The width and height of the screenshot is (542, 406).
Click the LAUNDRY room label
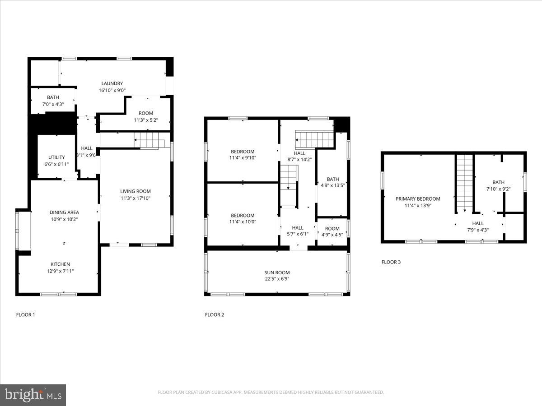[x=112, y=83]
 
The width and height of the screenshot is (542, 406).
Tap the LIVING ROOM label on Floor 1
[x=135, y=191]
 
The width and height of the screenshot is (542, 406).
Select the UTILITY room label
[x=57, y=157]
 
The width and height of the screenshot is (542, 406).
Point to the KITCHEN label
[x=60, y=264]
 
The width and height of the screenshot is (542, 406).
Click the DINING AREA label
[x=64, y=212]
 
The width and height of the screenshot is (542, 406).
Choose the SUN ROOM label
[x=277, y=272]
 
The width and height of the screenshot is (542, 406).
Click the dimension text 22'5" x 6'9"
[x=277, y=279]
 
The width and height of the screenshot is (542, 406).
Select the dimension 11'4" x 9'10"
[x=243, y=158]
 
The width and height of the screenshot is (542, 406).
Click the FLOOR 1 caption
[x=25, y=315]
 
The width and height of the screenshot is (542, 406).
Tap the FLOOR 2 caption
[x=215, y=315]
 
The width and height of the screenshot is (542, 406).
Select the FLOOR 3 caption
[x=391, y=262]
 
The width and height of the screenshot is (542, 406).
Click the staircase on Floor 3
[x=464, y=183]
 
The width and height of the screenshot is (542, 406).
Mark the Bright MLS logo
[x=33, y=395]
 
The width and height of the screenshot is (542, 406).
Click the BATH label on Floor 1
[x=53, y=97]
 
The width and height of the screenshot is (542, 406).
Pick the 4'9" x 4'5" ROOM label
[x=332, y=229]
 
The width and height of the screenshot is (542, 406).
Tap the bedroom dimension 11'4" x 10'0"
[x=243, y=222]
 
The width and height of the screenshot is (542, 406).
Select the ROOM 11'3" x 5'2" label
[x=146, y=113]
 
